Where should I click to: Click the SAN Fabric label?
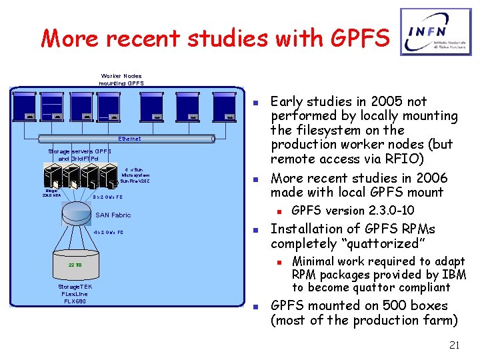[113, 215]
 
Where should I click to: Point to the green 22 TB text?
[75, 265]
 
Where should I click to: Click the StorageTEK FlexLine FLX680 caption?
[76, 293]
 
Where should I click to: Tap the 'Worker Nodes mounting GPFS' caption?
[121, 80]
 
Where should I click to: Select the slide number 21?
[455, 345]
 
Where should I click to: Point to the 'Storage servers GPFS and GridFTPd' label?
[79, 155]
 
